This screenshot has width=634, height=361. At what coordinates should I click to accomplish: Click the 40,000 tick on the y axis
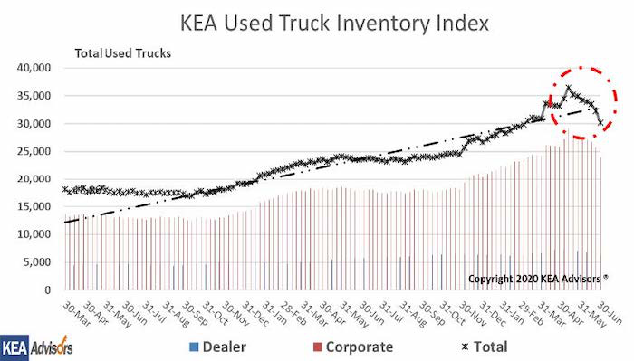[x=34, y=68]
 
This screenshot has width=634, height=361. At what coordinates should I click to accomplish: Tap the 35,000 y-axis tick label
[x=34, y=96]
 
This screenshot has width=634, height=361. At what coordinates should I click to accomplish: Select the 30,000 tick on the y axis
[x=34, y=124]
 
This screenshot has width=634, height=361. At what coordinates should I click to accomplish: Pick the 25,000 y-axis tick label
[x=34, y=151]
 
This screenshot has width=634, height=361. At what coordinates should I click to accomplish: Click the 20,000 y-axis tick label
[x=34, y=179]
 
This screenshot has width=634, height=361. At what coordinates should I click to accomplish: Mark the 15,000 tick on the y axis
[x=34, y=207]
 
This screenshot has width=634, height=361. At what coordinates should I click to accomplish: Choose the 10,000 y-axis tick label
[x=34, y=234]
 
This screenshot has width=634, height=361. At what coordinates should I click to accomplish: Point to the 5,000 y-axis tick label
[x=38, y=262]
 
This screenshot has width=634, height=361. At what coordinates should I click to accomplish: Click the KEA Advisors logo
[x=37, y=347]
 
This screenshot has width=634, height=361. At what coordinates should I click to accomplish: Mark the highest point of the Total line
[x=568, y=88]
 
